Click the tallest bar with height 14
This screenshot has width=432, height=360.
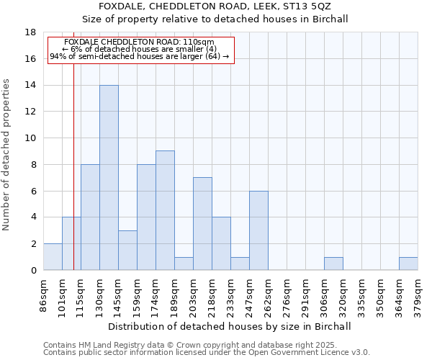pyautogui.click(x=109, y=178)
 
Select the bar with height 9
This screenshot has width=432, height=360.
pyautogui.click(x=165, y=210)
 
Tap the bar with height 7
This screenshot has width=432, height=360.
pyautogui.click(x=202, y=223)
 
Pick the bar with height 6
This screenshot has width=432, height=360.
pyautogui.click(x=258, y=230)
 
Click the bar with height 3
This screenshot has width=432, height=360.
pyautogui.click(x=127, y=250)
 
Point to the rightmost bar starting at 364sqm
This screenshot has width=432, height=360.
pyautogui.click(x=408, y=264)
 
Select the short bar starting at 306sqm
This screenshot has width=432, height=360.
pyautogui.click(x=333, y=264)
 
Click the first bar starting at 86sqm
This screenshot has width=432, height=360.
pyautogui.click(x=53, y=257)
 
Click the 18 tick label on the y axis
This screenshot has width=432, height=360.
pyautogui.click(x=30, y=32)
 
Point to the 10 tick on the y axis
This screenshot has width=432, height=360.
pyautogui.click(x=30, y=138)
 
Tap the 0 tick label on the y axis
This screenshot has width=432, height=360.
pyautogui.click(x=33, y=271)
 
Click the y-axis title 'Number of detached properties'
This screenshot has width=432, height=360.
pyautogui.click(x=7, y=154)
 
